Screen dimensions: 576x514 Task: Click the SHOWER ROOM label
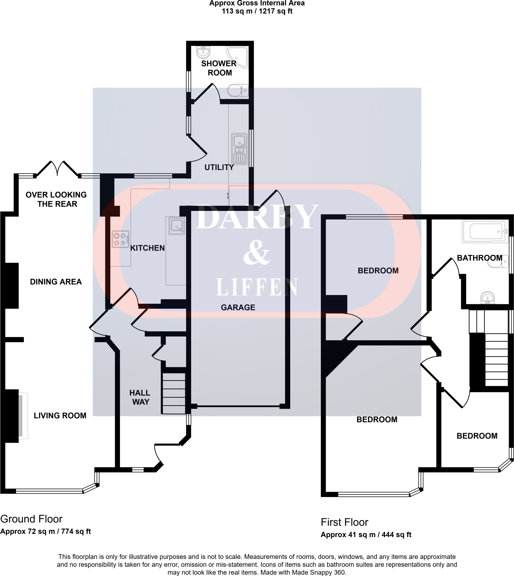219,68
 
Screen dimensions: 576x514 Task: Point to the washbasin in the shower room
203,52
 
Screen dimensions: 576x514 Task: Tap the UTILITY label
219,167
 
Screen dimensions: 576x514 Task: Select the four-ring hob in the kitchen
120,239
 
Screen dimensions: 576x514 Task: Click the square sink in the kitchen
177,226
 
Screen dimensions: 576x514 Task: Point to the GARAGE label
238,307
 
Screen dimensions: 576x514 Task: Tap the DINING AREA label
56,282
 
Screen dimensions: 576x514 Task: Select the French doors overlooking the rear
57,169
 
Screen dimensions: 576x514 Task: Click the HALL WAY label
140,397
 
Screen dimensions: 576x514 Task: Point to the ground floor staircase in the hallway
174,393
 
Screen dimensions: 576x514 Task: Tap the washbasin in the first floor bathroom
488,298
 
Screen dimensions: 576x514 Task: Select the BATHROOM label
480,258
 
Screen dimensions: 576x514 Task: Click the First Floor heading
344,522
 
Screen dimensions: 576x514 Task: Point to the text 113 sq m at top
237,11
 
